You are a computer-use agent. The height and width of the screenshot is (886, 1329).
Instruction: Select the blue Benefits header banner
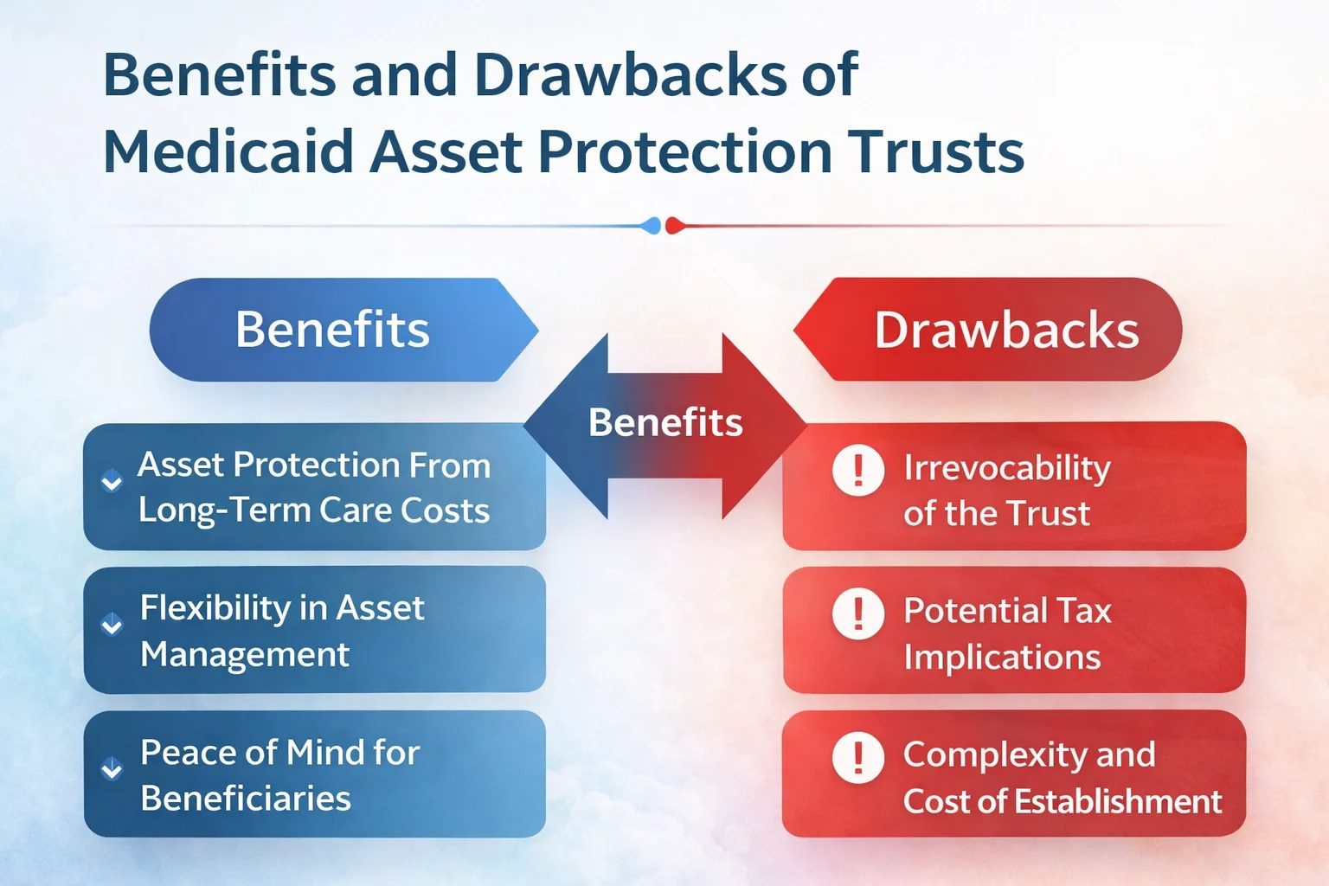333,330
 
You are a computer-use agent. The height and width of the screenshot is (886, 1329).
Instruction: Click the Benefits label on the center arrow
665,423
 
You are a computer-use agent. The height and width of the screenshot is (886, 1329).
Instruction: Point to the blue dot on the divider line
652,226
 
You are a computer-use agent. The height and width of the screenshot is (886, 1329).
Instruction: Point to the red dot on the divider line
674,226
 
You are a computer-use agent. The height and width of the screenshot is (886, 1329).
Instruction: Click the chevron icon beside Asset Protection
112,482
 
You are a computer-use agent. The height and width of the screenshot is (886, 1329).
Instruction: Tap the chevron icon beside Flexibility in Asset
112,625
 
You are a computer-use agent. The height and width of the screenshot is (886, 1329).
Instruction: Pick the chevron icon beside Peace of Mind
112,768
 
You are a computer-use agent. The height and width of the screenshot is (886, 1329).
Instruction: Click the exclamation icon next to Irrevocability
857,471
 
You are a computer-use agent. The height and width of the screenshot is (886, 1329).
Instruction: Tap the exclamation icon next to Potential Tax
857,613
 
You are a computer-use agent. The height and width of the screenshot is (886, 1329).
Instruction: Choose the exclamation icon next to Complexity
857,757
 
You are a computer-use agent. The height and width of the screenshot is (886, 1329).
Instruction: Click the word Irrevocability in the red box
1007,468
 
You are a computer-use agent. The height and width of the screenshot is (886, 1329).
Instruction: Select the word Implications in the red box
1002,658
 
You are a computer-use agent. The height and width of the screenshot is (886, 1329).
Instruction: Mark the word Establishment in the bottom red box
1118,801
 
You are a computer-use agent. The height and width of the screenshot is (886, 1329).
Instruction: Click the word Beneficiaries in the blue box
246,798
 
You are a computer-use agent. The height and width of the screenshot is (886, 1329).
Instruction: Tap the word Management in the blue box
245,654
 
